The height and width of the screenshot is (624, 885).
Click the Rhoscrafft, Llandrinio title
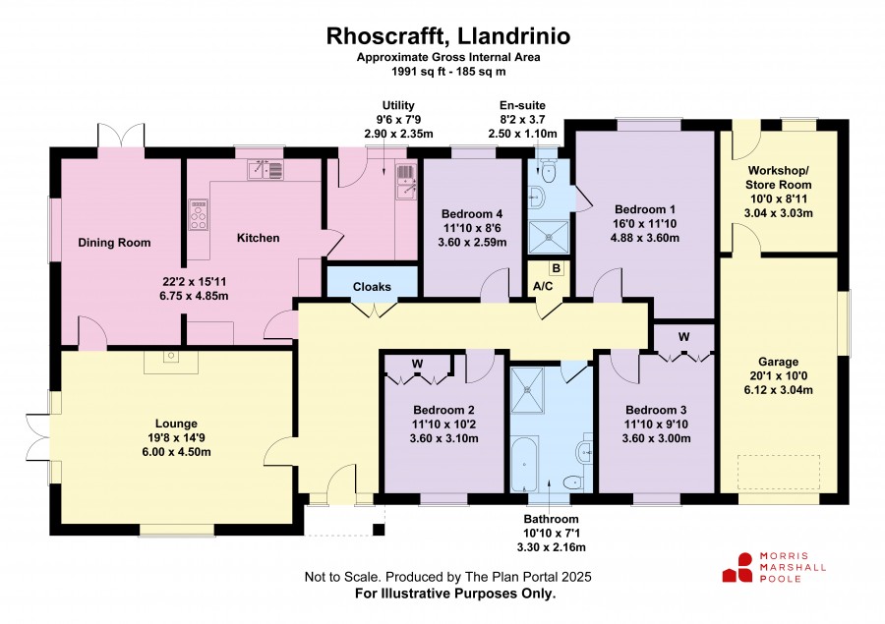448,36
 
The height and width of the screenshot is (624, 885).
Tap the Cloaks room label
372,287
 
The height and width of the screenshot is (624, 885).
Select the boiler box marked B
556,268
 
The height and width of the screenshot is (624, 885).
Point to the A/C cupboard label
543,287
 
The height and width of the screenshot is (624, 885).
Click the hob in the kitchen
198,214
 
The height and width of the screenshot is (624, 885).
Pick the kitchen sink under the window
265,170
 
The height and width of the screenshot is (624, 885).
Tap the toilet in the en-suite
548,170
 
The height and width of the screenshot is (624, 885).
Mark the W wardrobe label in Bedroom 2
417,364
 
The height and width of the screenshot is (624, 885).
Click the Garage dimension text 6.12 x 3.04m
779,390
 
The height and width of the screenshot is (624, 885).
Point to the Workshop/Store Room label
779,178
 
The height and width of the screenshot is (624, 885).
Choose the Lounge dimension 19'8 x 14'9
177,437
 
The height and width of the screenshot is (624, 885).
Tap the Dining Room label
114,243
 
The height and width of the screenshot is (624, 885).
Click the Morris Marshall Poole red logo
737,568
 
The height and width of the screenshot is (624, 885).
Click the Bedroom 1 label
644,209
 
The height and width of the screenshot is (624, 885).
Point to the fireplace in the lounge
171,362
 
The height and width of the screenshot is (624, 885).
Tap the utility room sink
406,182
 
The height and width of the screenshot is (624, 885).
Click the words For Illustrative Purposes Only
455,594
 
